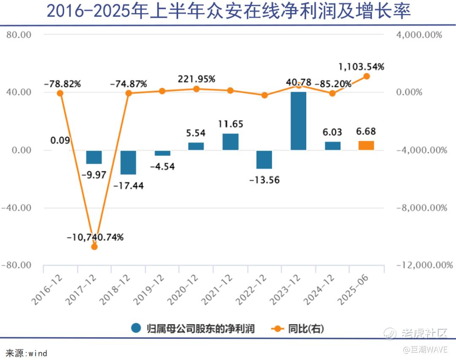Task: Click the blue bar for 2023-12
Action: coord(298,121)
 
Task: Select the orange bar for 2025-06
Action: coord(366,145)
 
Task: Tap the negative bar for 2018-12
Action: coord(128,162)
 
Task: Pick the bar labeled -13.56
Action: coord(264,159)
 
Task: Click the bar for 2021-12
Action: coord(230,142)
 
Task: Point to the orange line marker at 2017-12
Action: coord(94,247)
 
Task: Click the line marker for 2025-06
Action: coord(366,76)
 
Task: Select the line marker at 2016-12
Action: coord(60,93)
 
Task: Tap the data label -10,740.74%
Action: coord(95,237)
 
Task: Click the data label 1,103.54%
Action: coord(361,67)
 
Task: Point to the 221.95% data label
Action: coord(196,79)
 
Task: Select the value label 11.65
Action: coord(231,124)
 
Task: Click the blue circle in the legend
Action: coord(136,328)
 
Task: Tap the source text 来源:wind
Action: coord(26,353)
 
